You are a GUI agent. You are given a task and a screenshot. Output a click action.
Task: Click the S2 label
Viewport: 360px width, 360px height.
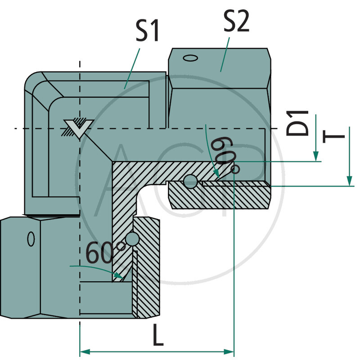(x=236, y=21)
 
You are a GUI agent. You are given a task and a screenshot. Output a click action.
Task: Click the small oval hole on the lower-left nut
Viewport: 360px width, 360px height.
(x=31, y=238)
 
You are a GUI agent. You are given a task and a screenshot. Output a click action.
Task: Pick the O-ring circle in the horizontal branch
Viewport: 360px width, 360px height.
(x=190, y=181)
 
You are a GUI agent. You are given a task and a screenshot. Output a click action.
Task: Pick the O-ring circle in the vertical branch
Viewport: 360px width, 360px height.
(x=133, y=239)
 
